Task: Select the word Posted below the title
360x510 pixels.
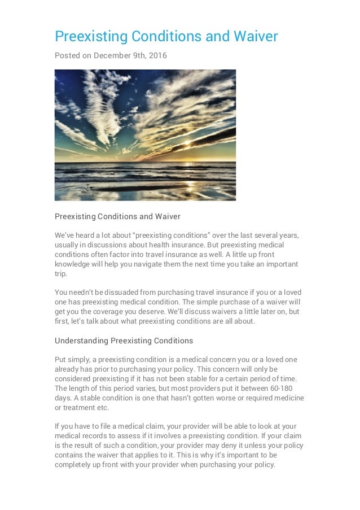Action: (x=67, y=55)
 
